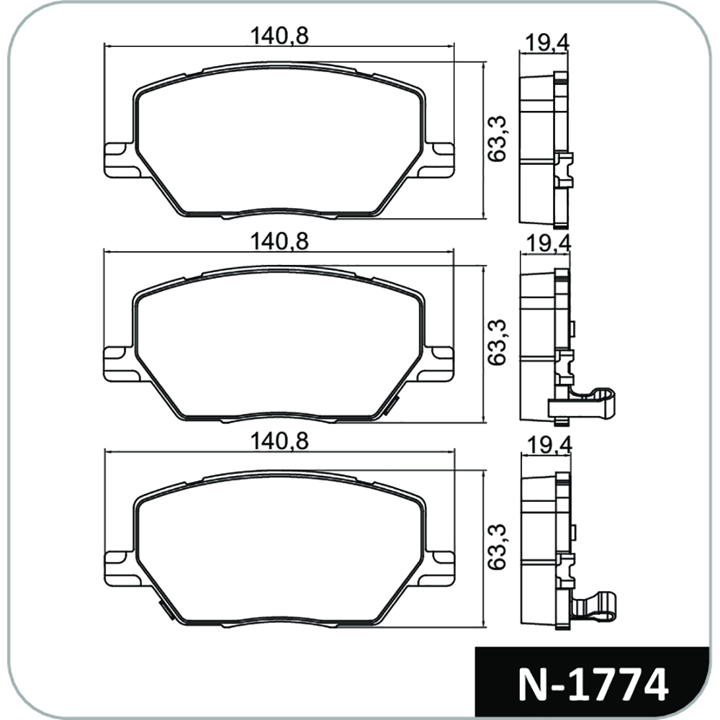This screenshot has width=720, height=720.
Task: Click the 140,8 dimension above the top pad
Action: (x=279, y=36)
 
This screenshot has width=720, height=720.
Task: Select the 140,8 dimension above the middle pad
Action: (x=279, y=241)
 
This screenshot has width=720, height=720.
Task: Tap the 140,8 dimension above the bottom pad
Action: (x=279, y=442)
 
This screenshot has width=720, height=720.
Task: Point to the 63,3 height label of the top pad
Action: (x=498, y=139)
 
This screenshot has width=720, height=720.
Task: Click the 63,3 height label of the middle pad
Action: (x=498, y=343)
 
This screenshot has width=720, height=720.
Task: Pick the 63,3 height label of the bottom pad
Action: (x=498, y=547)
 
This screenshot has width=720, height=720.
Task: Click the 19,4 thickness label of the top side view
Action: (x=547, y=43)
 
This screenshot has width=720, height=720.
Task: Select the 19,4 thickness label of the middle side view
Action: (x=549, y=243)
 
